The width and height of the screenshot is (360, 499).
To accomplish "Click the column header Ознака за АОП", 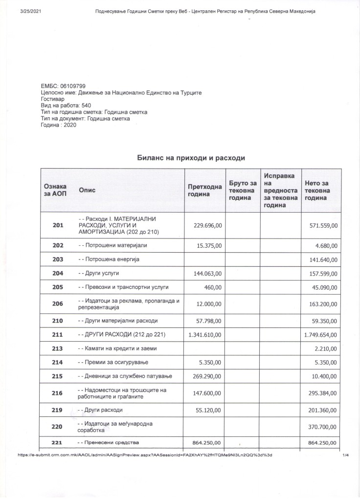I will click(55, 190).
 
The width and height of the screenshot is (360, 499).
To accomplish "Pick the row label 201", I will click(58, 225).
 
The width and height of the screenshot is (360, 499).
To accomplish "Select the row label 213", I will click(58, 348).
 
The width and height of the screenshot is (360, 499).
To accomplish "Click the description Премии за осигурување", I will click(113, 362).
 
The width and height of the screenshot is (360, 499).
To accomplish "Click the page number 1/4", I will click(346, 455).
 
